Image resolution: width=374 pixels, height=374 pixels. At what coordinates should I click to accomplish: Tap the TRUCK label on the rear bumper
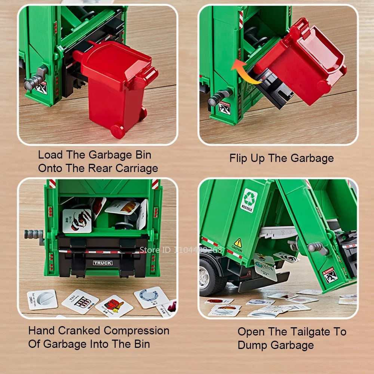[102, 263]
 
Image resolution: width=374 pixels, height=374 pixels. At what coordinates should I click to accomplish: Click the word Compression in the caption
[136, 331]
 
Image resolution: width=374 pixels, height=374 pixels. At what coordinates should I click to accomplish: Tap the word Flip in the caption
[238, 158]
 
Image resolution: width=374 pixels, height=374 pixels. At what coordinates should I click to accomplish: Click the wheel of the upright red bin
[117, 131]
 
